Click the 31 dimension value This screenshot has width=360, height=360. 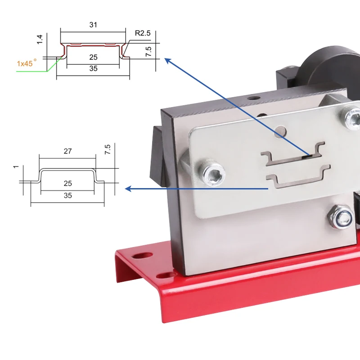(93, 25)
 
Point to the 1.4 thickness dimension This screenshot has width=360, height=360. (40, 39)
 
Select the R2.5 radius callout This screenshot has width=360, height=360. (142, 33)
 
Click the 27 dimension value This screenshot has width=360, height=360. (67, 151)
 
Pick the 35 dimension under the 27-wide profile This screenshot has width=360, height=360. (67, 196)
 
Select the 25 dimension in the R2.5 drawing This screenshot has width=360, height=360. (93, 57)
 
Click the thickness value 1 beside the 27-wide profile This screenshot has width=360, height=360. (16, 167)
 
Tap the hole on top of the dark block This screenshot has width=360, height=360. (256, 97)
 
